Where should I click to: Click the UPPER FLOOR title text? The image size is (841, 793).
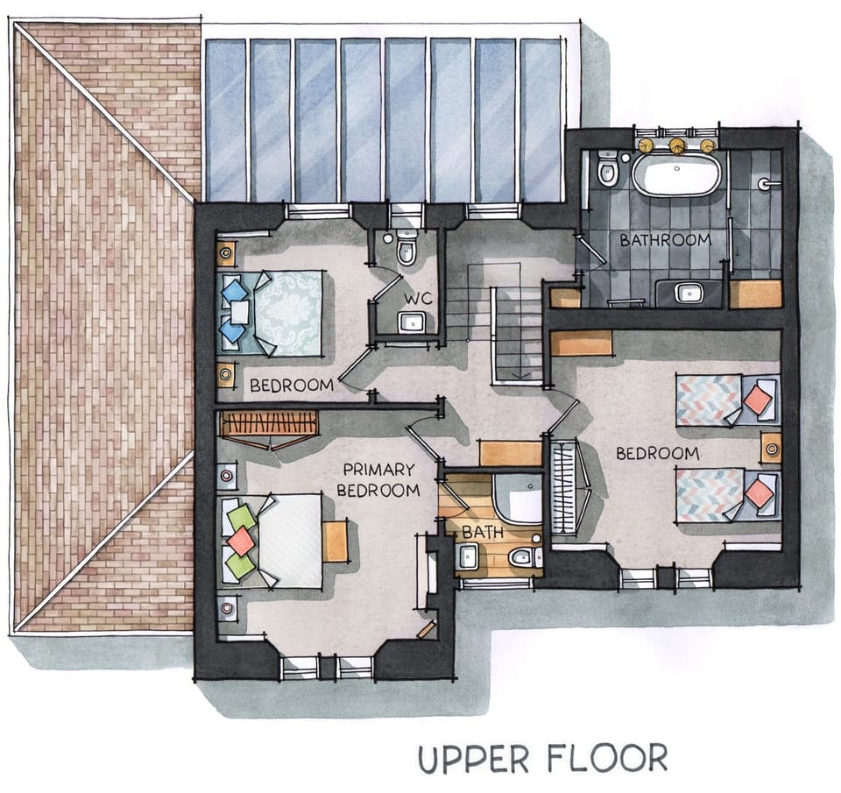pos(543,758)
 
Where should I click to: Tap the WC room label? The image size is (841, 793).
pos(419,299)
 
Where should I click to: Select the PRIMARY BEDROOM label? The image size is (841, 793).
pos(378,480)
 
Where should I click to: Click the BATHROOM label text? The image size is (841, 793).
pos(666,240)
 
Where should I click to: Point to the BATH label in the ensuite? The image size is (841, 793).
pos(483,532)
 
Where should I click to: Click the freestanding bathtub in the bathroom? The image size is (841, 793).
pos(676,173)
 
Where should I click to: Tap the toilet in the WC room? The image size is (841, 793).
pos(406,248)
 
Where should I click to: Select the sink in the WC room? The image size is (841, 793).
pos(412,322)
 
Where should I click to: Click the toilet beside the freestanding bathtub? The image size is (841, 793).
pos(607,168)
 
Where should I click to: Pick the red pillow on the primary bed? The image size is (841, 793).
pos(242,541)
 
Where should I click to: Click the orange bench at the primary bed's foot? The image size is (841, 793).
pos(336,542)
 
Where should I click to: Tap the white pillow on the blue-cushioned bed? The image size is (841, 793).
pos(239,312)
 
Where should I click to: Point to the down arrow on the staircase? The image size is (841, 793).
pos(521,374)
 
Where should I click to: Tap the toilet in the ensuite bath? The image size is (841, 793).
pos(524,557)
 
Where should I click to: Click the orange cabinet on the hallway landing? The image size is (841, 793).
pos(510,453)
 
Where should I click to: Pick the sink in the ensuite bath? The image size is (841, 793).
pos(468,556)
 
